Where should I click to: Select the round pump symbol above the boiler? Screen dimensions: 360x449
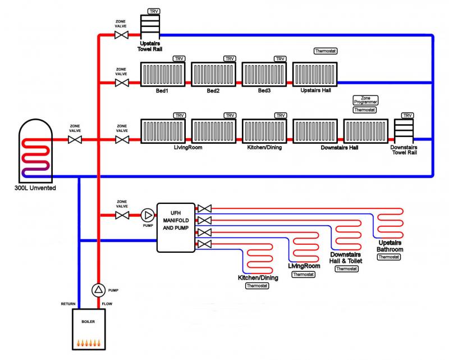(x=99, y=290)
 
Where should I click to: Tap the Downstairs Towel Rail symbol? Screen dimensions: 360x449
(x=403, y=130)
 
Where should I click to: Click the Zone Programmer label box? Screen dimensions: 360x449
(x=365, y=100)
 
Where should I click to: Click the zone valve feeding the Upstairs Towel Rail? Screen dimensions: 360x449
(x=121, y=35)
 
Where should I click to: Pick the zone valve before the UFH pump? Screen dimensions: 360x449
(x=121, y=215)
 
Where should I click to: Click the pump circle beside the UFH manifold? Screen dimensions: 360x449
(x=148, y=215)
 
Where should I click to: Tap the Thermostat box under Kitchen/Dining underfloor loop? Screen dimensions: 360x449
(x=257, y=286)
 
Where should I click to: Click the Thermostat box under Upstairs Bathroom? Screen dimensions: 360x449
(x=389, y=257)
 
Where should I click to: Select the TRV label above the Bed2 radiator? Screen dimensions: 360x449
(x=230, y=58)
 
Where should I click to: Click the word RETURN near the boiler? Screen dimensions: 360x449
(x=68, y=304)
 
